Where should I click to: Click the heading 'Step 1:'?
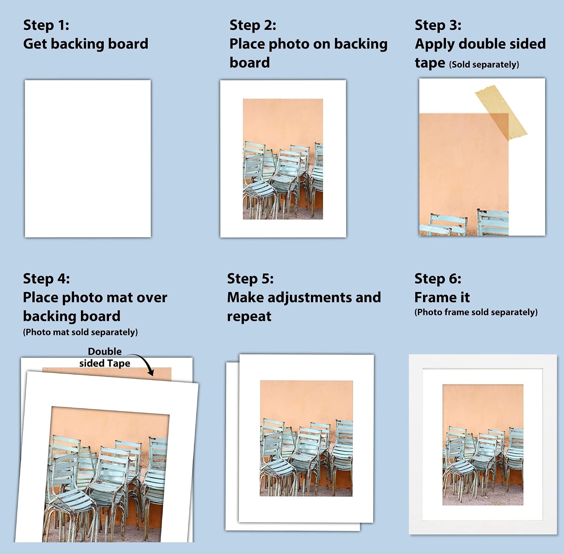(46, 25)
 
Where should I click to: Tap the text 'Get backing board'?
(86, 44)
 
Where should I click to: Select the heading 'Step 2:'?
(253, 25)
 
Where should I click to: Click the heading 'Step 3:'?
(438, 25)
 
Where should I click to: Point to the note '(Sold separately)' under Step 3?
(484, 64)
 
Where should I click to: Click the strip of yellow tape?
(501, 112)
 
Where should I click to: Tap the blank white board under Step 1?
(88, 158)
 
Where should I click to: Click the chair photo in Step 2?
(283, 159)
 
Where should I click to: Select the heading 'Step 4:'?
(46, 279)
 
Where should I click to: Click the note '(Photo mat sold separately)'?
(80, 332)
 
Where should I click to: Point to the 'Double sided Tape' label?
(105, 357)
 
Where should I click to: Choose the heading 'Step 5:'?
(250, 279)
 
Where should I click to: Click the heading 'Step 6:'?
(438, 279)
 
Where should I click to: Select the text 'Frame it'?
(442, 297)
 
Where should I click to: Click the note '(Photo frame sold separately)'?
(476, 312)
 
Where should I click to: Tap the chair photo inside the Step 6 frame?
(483, 445)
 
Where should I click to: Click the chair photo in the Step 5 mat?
(306, 438)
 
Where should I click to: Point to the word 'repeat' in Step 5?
(249, 317)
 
